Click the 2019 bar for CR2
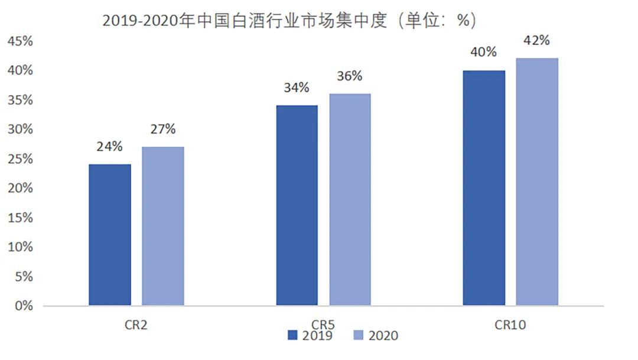coord(110,235)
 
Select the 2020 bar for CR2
coord(162,226)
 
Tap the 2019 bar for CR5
coord(297,205)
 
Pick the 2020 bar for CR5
coord(350,199)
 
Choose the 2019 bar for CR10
coord(484,188)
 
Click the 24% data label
coord(110,146)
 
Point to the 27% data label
coord(162,129)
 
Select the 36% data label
coord(350,76)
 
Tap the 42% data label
coord(536,40)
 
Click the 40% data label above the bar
coord(484,52)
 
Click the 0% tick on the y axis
coord(23,306)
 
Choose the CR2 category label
coord(136,325)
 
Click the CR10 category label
coord(510,325)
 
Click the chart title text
coord(289,21)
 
